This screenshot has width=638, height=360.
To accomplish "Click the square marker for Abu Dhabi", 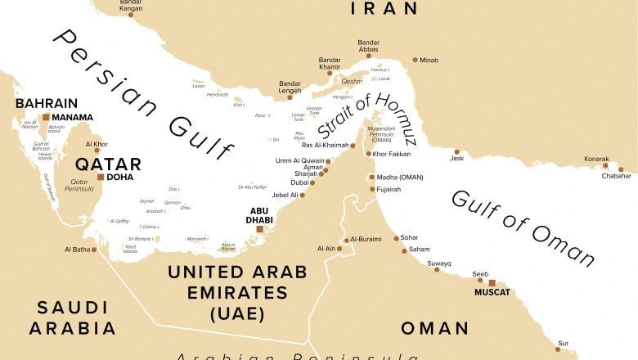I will pyautogui.click(x=260, y=230).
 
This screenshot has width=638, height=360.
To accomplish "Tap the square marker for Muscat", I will pyautogui.click(x=492, y=283).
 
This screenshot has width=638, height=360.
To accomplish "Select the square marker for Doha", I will pyautogui.click(x=100, y=177).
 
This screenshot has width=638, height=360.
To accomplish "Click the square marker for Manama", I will pyautogui.click(x=46, y=117).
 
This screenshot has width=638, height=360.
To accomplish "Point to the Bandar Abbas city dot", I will pyautogui.click(x=369, y=57).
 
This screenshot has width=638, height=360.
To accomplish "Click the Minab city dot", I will pyautogui.click(x=415, y=60).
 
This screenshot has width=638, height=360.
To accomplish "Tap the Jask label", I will pyautogui.click(x=456, y=158).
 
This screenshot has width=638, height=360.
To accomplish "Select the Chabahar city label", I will pyautogui.click(x=617, y=176).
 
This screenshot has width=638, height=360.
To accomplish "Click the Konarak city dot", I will pyautogui.click(x=605, y=166).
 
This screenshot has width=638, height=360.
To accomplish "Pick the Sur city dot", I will pyautogui.click(x=558, y=349).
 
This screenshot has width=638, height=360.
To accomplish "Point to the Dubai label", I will pyautogui.click(x=299, y=182).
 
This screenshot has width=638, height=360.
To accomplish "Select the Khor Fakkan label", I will pyautogui.click(x=392, y=154).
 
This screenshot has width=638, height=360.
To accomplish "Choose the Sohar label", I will pyautogui.click(x=408, y=238).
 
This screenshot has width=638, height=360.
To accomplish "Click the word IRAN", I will pyautogui.click(x=384, y=9).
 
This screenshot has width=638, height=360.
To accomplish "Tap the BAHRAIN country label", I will pyautogui.click(x=47, y=104).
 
